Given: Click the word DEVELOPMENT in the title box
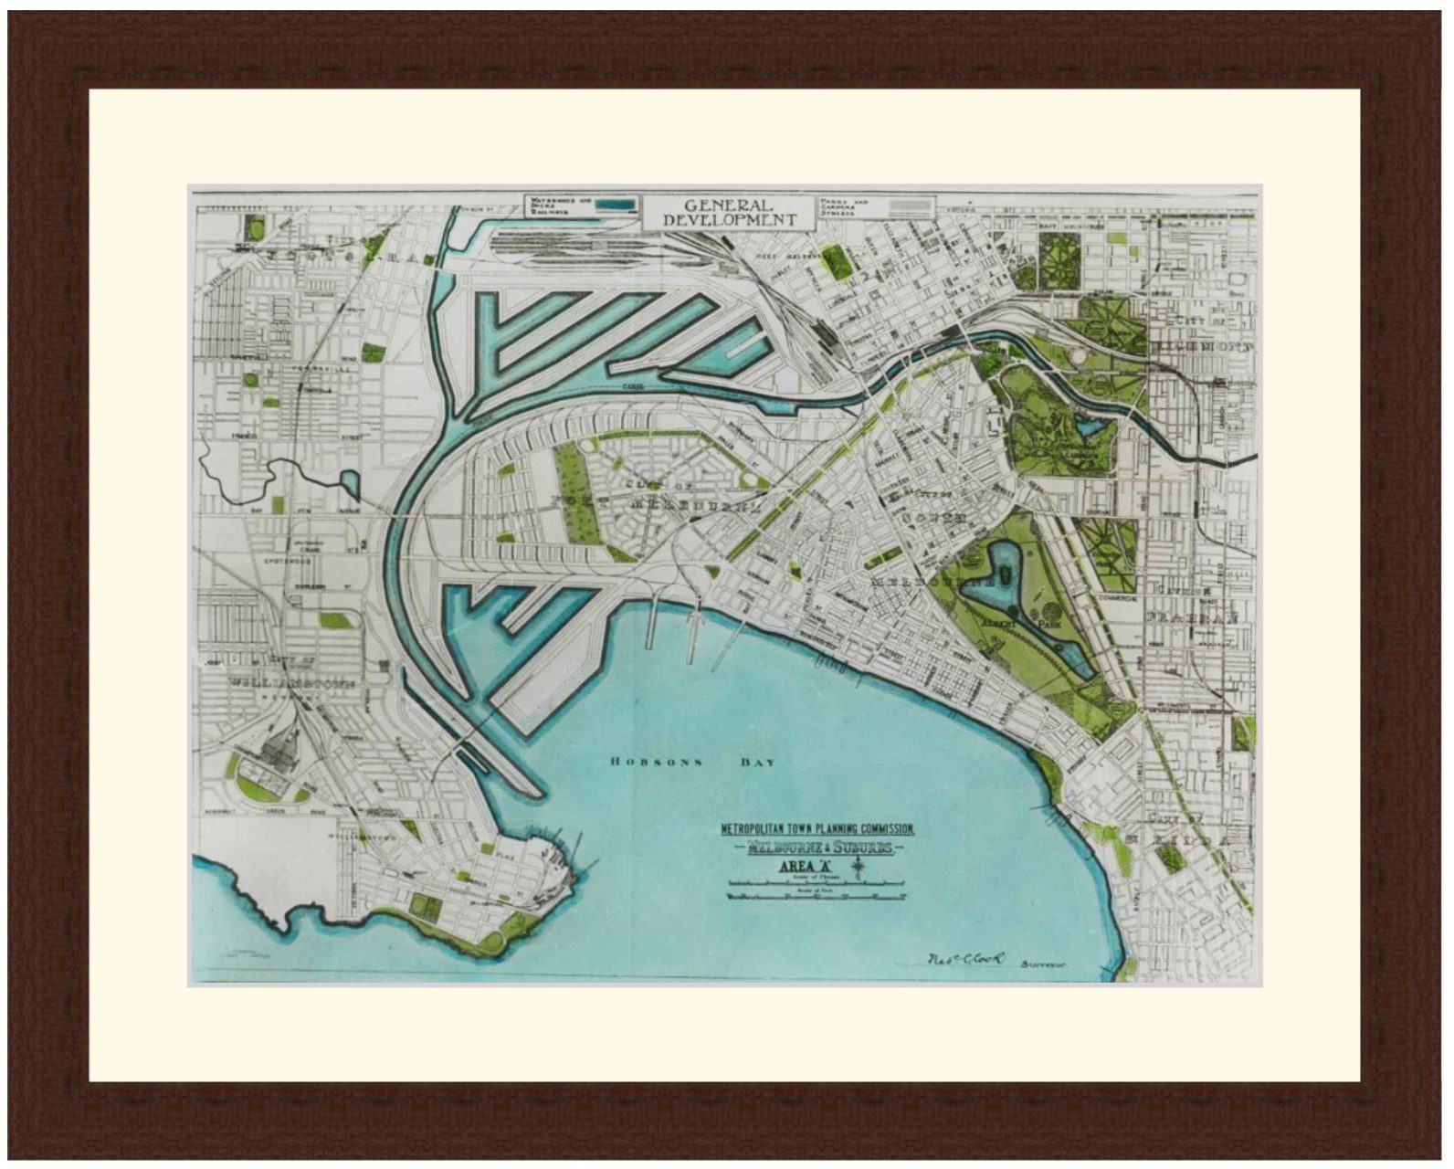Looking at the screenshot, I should (x=729, y=220).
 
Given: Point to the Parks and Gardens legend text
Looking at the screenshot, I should (x=844, y=207).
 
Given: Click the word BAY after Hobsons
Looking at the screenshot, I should (x=757, y=762).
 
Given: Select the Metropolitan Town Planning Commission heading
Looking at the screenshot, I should (x=817, y=829).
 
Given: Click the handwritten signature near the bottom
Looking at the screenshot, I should (x=964, y=959).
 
